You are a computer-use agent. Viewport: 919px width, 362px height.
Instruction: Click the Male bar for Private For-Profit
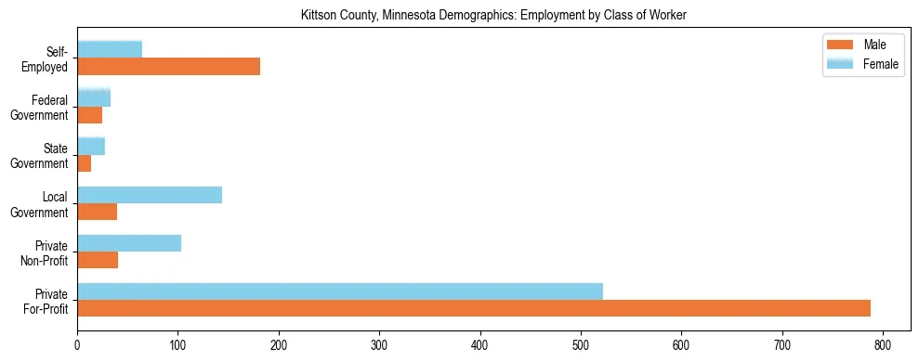(474, 308)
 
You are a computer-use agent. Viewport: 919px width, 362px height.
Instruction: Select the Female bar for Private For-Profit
(340, 291)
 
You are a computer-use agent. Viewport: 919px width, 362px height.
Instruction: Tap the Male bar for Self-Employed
(168, 67)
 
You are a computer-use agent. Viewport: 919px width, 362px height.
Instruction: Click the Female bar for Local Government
(150, 195)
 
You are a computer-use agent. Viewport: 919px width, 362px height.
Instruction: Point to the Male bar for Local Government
(97, 212)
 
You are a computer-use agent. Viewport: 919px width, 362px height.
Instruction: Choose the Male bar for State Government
(84, 163)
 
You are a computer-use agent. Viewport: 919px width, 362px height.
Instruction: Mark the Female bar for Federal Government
(94, 98)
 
